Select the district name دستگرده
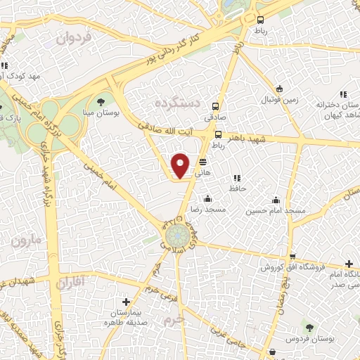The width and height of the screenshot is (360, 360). pos(177,103)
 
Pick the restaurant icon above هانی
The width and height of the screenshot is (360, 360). pos(202,160)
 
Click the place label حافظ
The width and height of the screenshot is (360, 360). pos(236,189)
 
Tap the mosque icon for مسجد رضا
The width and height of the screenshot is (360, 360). pos(207,199)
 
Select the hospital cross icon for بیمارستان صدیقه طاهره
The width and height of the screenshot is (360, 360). pos(126,302)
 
